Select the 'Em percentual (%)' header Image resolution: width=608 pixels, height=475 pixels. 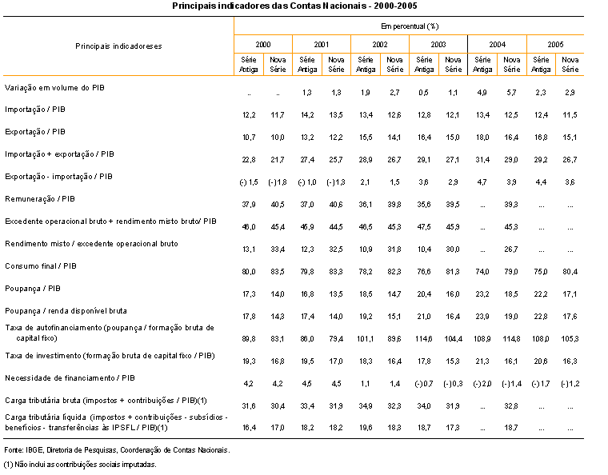410,26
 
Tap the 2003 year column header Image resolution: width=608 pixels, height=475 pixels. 438,45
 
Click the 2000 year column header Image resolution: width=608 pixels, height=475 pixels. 263,45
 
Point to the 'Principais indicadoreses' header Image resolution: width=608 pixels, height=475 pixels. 118,46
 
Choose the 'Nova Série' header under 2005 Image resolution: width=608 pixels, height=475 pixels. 570,64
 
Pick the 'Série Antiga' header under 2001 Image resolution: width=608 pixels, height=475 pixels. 307,64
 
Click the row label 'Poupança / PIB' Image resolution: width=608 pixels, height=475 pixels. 33,289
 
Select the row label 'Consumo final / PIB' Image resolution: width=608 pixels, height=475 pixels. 41,266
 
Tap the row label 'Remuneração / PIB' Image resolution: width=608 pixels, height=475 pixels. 39,199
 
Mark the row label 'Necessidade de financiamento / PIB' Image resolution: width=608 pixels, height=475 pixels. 70,378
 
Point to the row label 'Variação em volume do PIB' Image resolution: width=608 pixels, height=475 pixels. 54,88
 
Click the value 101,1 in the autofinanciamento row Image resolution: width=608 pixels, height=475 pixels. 366,339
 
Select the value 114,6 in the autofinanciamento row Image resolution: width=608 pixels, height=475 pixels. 424,339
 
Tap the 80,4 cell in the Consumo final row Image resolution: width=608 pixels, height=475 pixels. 570,272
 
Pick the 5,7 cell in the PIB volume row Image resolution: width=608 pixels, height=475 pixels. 511,93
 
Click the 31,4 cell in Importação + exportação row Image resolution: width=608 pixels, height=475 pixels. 482,160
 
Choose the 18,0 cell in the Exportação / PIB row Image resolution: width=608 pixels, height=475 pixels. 482,138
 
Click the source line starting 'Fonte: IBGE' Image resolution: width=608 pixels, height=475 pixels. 117,450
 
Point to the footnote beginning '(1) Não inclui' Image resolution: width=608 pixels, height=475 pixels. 80,465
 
